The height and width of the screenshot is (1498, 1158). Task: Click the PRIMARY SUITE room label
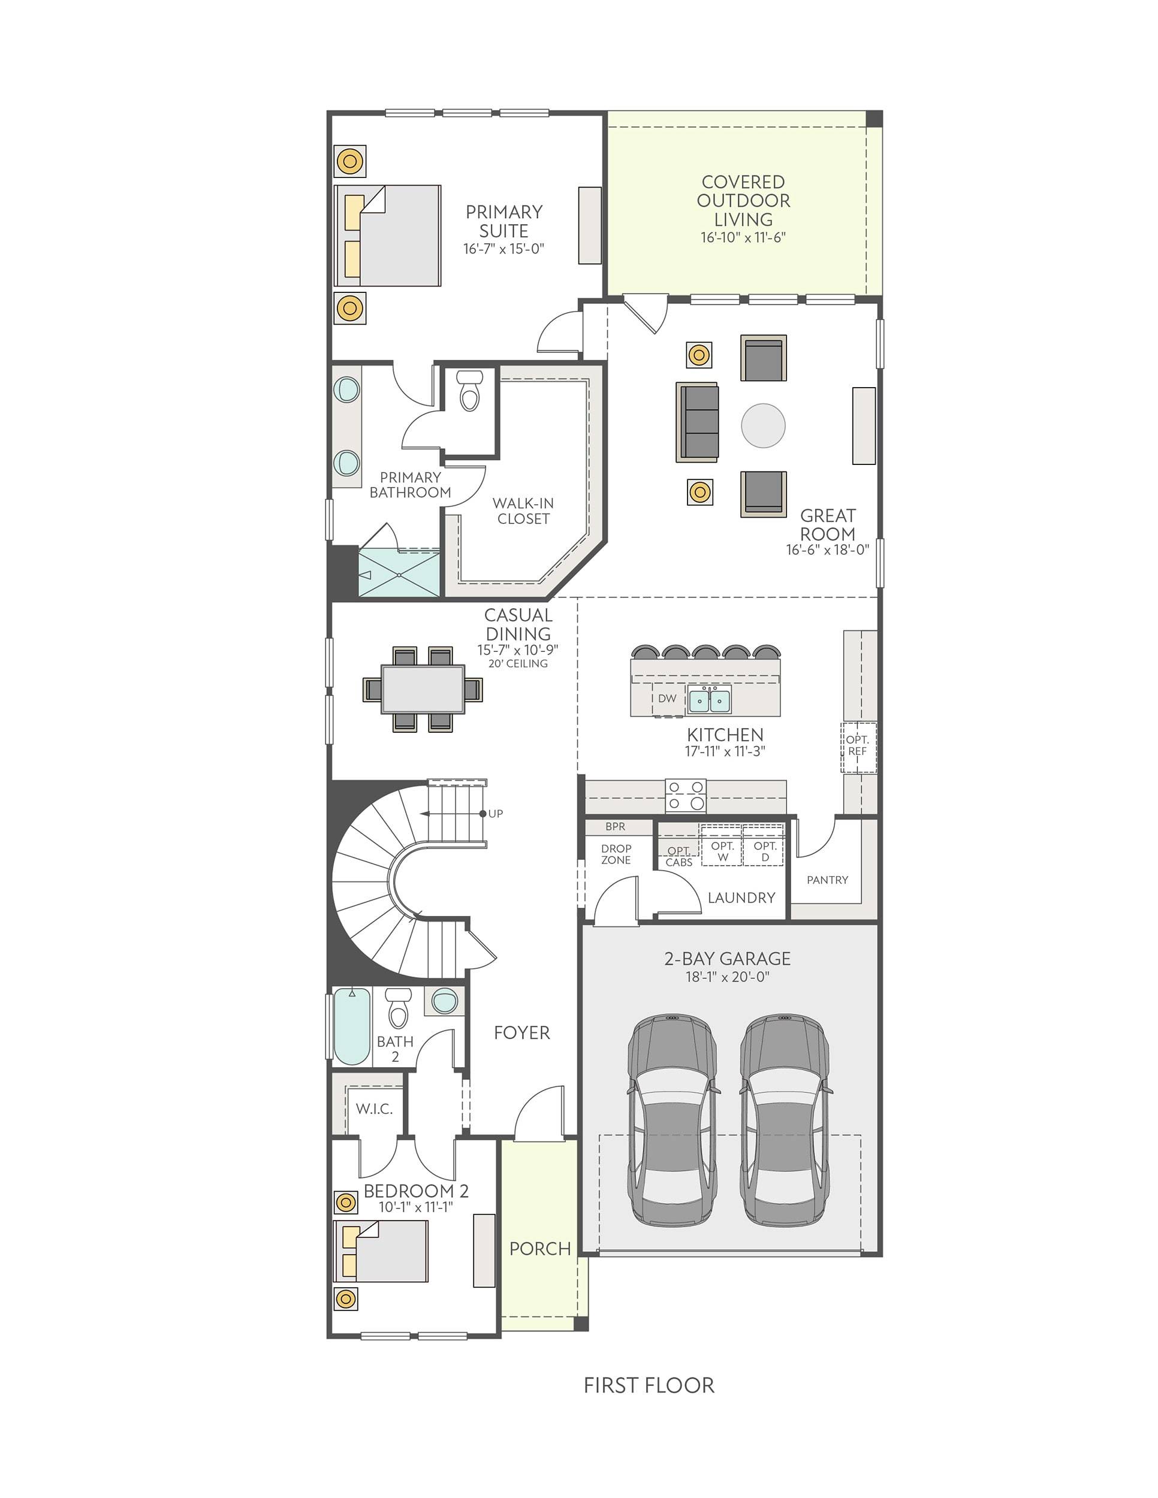tap(504, 222)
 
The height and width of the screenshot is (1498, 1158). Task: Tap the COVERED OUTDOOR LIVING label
tap(744, 201)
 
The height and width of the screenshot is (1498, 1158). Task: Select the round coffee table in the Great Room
tap(764, 425)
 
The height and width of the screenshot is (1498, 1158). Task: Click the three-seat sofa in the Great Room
tap(697, 421)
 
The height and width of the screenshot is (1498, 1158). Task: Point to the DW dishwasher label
tap(667, 698)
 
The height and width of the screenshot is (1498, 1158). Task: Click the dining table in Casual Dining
tap(423, 688)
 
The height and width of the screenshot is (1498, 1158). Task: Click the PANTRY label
tap(827, 880)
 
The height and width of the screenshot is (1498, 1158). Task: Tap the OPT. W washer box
tap(722, 845)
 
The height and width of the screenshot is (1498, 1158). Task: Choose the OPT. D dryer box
tap(764, 845)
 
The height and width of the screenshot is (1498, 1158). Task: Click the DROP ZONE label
tap(616, 854)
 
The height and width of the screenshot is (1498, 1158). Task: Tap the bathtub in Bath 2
tap(351, 1025)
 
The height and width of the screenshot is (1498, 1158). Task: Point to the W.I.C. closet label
tap(375, 1109)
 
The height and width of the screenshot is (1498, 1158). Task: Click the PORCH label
tap(540, 1248)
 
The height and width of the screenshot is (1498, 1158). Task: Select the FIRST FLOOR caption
tap(649, 1385)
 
